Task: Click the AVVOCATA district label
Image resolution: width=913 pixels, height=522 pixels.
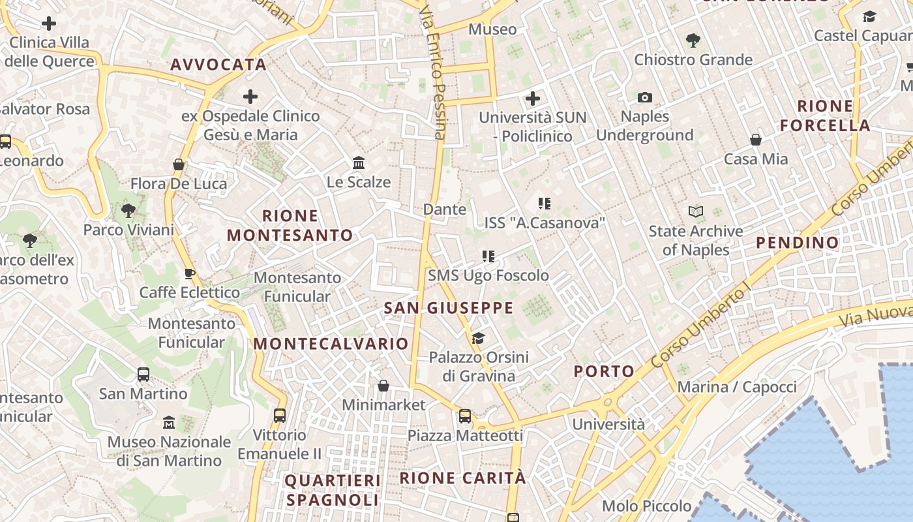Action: (x=218, y=65)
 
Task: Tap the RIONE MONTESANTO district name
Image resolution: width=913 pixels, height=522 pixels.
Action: (x=290, y=225)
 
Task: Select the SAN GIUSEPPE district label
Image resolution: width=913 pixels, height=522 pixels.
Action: (x=449, y=308)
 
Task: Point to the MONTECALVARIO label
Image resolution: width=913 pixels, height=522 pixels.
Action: (x=331, y=343)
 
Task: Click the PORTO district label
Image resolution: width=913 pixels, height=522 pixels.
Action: (x=604, y=371)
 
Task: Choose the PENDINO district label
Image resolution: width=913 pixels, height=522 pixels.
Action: (x=798, y=243)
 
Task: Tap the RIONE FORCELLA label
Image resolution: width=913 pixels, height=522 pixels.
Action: (x=825, y=115)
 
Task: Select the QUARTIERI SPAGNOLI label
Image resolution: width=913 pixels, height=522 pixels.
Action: (x=333, y=491)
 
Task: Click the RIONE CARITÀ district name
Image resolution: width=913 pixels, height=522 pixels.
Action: (x=462, y=478)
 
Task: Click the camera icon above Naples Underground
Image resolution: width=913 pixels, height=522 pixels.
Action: (x=645, y=98)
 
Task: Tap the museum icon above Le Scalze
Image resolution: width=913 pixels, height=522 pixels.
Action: (x=358, y=162)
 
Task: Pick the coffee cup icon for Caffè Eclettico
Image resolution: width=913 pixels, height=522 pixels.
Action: (x=190, y=273)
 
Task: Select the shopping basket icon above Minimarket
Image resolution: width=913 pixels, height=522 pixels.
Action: (x=383, y=386)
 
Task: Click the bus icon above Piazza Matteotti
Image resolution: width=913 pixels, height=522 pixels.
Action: (x=465, y=416)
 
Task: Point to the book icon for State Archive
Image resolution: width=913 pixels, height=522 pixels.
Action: (x=696, y=211)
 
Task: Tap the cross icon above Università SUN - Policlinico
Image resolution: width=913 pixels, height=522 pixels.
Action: (x=533, y=99)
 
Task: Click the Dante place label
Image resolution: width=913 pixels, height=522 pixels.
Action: (x=445, y=209)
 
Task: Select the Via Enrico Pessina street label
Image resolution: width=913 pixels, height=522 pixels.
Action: (x=433, y=72)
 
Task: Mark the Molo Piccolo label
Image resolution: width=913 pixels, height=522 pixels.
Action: (x=647, y=506)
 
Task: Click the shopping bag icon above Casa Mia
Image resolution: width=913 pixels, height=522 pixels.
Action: (x=756, y=140)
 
